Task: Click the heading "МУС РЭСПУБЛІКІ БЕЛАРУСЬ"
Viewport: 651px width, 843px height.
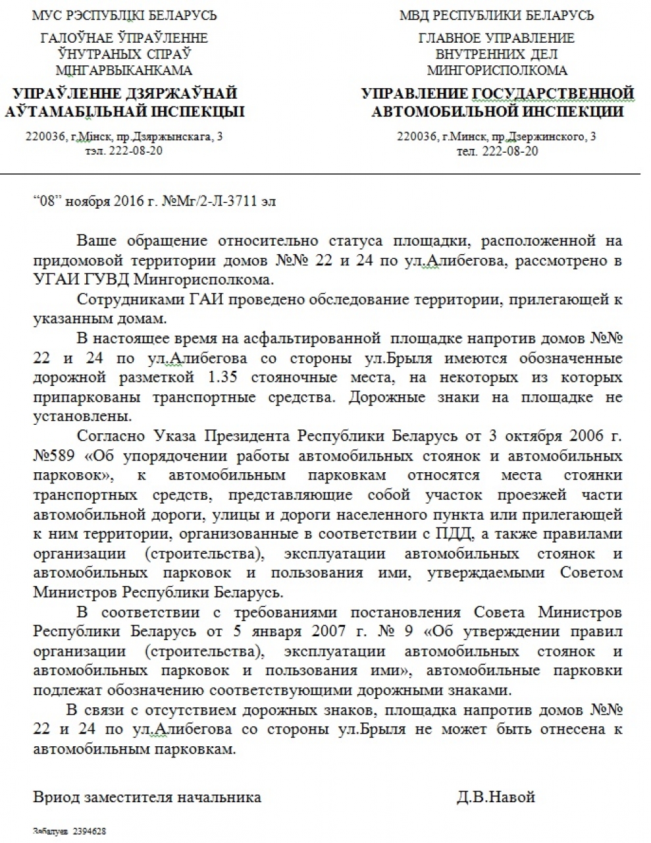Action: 124,15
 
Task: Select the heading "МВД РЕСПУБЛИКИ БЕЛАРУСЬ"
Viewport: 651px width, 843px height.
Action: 496,15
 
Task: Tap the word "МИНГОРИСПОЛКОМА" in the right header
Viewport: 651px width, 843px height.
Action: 497,70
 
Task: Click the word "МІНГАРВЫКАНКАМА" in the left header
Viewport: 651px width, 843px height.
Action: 124,70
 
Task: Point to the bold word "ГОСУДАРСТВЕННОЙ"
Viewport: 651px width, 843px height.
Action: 552,93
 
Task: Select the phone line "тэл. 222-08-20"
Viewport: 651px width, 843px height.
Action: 124,151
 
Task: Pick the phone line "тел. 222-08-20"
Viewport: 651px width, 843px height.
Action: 497,151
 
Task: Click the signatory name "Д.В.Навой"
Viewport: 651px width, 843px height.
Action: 496,797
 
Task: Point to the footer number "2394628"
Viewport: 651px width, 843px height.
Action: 89,832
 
